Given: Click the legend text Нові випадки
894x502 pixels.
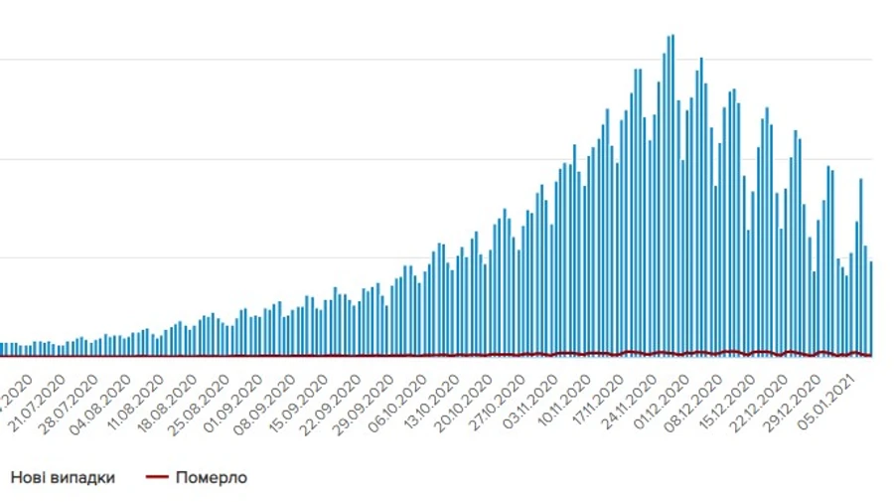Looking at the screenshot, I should point(63,477).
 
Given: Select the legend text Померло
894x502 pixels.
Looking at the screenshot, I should point(211,477).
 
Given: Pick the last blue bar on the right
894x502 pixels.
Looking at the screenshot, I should point(871,308).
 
